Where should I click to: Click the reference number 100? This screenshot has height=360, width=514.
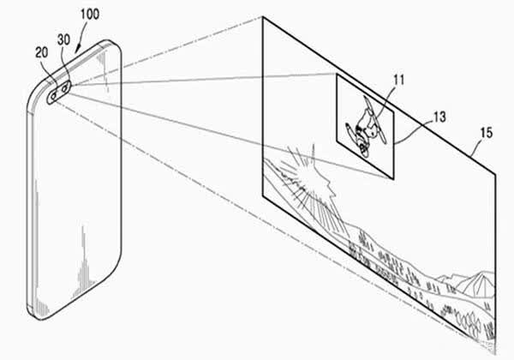(90, 14)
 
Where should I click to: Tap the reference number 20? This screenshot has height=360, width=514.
(42, 52)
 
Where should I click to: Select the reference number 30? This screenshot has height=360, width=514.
(63, 39)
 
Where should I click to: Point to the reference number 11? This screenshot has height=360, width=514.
(398, 80)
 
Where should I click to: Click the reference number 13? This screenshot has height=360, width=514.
(440, 117)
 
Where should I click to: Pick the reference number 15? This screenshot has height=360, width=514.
(487, 133)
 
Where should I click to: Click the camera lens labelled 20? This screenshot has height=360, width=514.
(53, 96)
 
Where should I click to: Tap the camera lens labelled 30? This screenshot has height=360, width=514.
(65, 88)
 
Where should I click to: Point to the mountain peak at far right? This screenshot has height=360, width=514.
(482, 273)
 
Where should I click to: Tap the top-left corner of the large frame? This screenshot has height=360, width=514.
(263, 17)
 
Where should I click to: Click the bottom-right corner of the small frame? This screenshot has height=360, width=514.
(393, 179)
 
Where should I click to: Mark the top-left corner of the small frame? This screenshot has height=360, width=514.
(337, 74)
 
